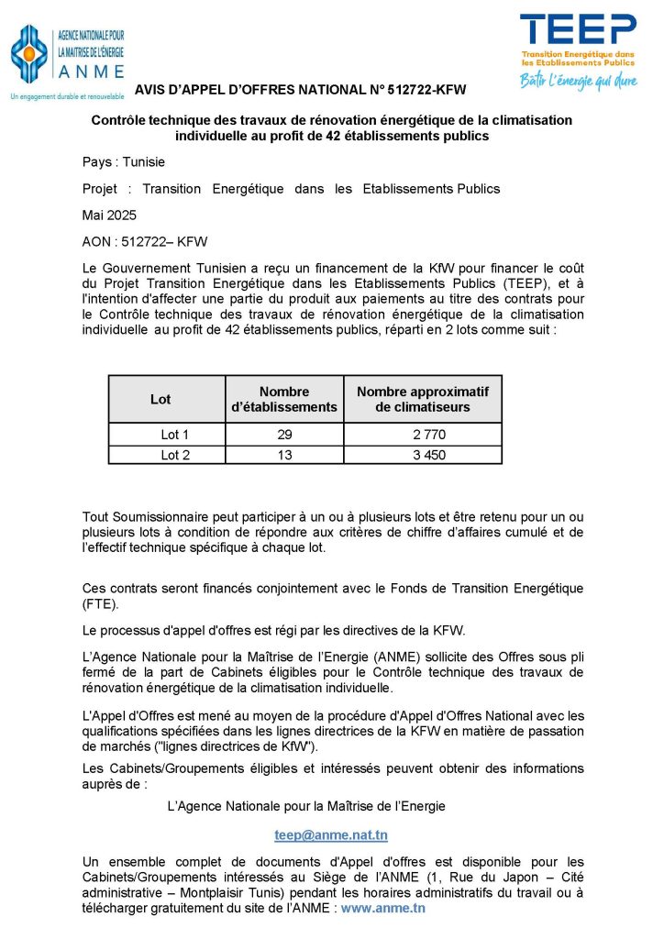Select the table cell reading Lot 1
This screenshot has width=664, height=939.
(x=174, y=435)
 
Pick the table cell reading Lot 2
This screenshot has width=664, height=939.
(x=174, y=455)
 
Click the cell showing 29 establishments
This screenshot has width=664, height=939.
(x=284, y=435)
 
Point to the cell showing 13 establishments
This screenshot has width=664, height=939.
(x=284, y=455)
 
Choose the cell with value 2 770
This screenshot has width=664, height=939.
(x=423, y=435)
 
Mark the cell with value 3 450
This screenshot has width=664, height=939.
(x=423, y=455)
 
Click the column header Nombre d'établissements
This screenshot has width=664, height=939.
(x=284, y=399)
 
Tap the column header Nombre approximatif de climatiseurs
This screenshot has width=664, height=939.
(x=423, y=399)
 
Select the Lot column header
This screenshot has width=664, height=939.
(x=160, y=399)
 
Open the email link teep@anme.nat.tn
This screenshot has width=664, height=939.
(x=331, y=835)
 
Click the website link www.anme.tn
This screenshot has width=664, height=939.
(x=383, y=908)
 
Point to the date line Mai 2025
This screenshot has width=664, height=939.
(x=109, y=215)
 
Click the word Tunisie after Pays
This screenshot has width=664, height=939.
(x=144, y=162)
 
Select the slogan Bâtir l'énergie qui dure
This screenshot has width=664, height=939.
(x=579, y=81)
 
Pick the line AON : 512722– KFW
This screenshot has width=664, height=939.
(x=145, y=242)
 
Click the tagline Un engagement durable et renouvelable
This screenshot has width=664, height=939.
(x=66, y=96)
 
